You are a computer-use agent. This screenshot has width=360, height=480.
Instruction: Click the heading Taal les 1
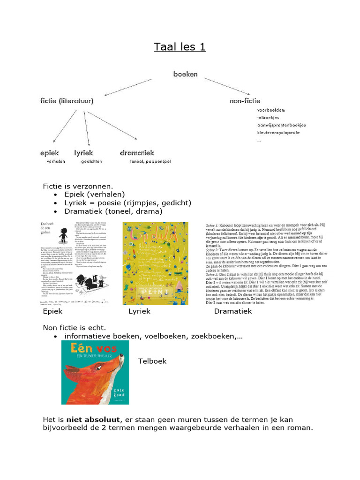point(180,47)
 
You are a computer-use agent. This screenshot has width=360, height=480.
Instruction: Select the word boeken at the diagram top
point(186,74)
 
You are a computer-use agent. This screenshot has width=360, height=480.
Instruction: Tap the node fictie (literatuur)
point(67,101)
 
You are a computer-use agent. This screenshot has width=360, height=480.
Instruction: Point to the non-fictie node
point(245,101)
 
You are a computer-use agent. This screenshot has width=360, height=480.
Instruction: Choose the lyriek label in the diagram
point(83,153)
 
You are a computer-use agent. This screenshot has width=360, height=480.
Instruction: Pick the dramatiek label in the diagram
point(137,153)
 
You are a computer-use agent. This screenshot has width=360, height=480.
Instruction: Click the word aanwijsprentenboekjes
point(281,125)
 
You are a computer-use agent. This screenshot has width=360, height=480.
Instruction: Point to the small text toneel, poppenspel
point(150,162)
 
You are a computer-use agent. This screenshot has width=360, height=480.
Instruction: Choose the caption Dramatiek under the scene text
point(233,311)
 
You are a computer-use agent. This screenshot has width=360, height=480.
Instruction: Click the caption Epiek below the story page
point(52,311)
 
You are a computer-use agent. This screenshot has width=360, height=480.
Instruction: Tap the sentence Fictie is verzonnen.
point(78,186)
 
